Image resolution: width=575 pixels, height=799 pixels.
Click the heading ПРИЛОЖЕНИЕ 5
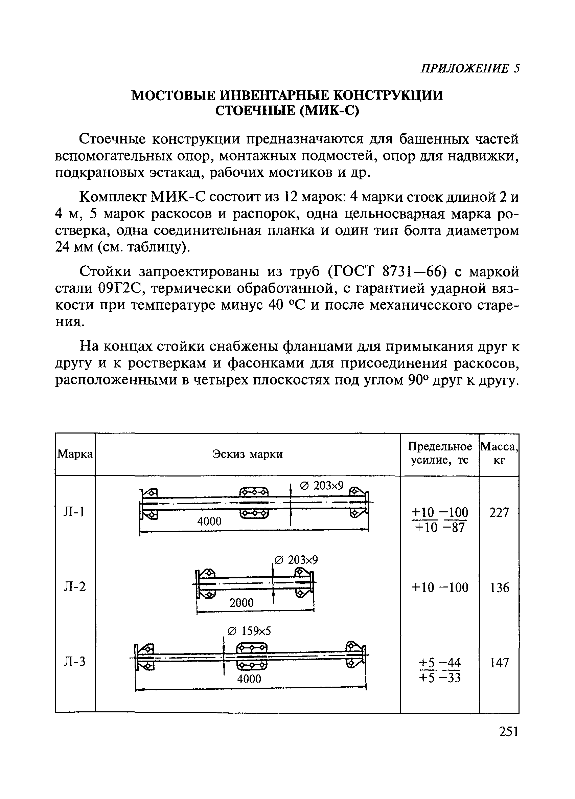pos(470,68)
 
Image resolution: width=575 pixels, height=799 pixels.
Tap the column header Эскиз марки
pos(247,454)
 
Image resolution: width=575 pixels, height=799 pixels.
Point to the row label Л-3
pos(74,662)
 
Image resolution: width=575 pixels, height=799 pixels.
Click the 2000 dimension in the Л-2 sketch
pos(241,603)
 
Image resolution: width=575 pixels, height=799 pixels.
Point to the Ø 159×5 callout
pos(249,631)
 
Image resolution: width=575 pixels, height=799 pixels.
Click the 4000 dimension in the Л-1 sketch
pos(209,521)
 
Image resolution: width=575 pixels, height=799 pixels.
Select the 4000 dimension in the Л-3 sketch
pos(249,679)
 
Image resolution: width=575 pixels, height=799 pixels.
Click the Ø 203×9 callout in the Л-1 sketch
pos(321,486)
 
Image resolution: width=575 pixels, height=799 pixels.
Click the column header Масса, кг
pos(499,454)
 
